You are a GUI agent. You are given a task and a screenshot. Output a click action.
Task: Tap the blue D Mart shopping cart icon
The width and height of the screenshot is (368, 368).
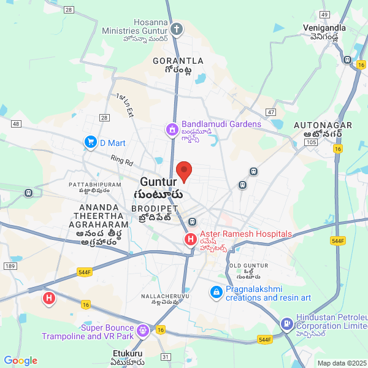(x=91, y=142)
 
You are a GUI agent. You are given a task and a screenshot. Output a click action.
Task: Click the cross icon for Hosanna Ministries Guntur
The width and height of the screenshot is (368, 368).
(x=177, y=29)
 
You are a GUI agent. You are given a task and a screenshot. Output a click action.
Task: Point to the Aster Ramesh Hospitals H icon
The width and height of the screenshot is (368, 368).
(x=191, y=239)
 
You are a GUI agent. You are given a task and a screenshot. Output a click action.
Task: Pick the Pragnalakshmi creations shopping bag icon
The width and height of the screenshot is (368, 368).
(x=216, y=293)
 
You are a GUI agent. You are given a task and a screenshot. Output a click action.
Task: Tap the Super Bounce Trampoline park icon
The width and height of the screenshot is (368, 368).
(x=143, y=331)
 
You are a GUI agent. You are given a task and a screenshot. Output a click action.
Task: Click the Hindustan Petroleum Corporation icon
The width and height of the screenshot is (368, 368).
(x=286, y=323)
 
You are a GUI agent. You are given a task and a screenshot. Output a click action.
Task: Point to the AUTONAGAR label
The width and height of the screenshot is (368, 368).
(x=323, y=125)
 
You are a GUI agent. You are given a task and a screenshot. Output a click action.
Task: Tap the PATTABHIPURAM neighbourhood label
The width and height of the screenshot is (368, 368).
(x=95, y=184)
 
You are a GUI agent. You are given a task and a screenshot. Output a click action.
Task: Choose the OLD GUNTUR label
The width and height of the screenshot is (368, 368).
(x=248, y=266)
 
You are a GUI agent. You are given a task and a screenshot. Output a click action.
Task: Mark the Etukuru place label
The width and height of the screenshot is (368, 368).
(x=128, y=354)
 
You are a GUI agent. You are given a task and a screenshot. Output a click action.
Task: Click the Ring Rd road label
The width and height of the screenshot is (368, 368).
(x=121, y=161)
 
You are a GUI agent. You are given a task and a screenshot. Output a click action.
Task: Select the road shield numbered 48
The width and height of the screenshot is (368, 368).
(x=16, y=124)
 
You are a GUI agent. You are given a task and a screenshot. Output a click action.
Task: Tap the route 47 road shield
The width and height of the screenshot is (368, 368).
(x=271, y=112)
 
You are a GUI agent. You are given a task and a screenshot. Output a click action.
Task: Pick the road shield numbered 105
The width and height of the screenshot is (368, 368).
(x=310, y=142)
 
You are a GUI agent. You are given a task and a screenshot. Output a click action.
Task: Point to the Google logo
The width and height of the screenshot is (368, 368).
(x=21, y=361)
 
